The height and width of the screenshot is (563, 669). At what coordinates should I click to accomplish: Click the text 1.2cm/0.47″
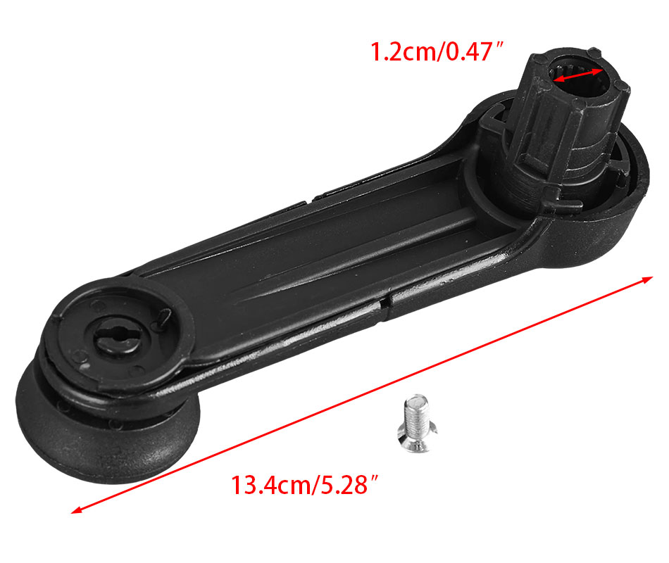tap(437, 52)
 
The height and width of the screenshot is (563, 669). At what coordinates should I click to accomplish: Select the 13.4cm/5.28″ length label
tap(305, 485)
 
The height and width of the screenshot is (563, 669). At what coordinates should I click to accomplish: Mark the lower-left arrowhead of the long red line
tap(76, 510)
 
